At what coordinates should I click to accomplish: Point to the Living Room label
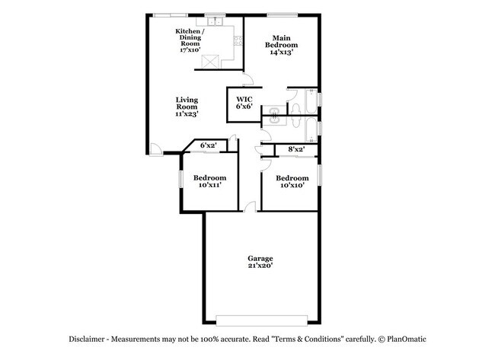click(x=187, y=107)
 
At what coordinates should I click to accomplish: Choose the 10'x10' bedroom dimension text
click(x=292, y=184)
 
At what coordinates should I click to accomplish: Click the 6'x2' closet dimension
click(x=208, y=145)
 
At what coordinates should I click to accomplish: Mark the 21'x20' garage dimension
click(x=260, y=266)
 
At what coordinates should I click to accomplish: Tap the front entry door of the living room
click(x=155, y=149)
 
